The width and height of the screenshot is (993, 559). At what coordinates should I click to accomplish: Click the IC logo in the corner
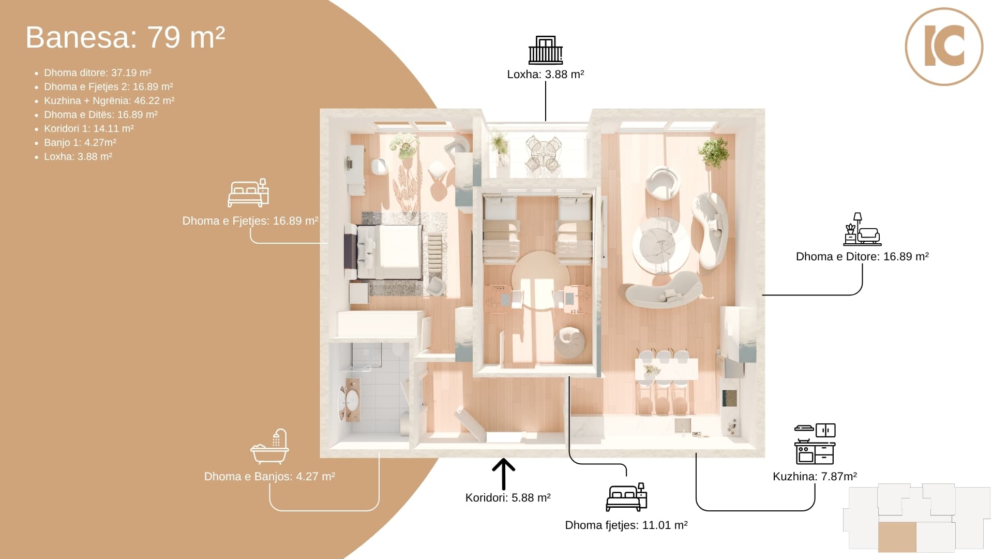(x=944, y=47)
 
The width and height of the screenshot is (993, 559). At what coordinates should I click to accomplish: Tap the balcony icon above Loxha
(x=546, y=50)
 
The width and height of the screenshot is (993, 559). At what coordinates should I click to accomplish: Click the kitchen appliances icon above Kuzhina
(x=815, y=444)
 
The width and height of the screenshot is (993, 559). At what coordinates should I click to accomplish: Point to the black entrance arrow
(x=503, y=474)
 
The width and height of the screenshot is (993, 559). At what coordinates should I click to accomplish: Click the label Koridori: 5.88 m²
(x=508, y=498)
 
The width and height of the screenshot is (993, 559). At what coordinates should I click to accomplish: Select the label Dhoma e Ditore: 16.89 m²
(x=862, y=257)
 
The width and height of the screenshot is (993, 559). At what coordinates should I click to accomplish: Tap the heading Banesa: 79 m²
(x=125, y=37)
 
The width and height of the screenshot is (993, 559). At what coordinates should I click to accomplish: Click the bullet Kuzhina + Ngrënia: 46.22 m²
(x=109, y=101)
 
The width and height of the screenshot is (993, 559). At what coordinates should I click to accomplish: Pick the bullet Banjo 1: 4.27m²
(x=80, y=143)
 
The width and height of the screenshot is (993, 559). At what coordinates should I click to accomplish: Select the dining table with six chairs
(x=666, y=373)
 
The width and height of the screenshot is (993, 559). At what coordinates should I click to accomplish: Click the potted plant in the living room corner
(x=713, y=152)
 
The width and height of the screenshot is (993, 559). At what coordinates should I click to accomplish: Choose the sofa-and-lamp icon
(x=862, y=229)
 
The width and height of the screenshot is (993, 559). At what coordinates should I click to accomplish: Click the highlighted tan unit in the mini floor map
(x=897, y=537)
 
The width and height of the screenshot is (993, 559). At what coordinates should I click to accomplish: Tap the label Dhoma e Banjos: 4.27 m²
(x=269, y=477)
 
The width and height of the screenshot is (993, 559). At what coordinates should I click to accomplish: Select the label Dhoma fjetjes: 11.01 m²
(x=626, y=525)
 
